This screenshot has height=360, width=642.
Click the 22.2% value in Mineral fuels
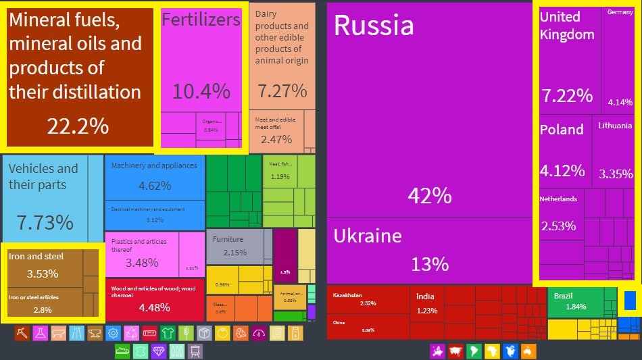[x=78, y=126]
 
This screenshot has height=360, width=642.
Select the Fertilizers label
[x=201, y=20]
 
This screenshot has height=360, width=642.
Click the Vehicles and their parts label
[x=43, y=176]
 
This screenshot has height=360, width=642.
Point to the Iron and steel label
[x=36, y=257]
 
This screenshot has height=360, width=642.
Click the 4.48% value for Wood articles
[x=154, y=308]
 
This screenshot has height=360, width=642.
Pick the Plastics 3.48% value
[x=142, y=263]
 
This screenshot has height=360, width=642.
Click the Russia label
[x=374, y=26]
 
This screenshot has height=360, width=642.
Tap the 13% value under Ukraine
[x=430, y=263]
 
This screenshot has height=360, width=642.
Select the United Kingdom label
[x=567, y=26]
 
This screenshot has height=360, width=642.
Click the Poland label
[x=562, y=130]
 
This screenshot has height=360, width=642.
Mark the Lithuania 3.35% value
[x=616, y=174]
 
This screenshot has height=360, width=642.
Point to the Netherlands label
[x=558, y=199]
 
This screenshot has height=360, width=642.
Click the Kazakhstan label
[x=347, y=295]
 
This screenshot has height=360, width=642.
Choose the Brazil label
[x=563, y=296]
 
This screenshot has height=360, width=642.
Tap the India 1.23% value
[x=427, y=311]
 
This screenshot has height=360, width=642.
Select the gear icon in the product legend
[x=114, y=333]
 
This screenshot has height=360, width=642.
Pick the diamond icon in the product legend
[x=159, y=351]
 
